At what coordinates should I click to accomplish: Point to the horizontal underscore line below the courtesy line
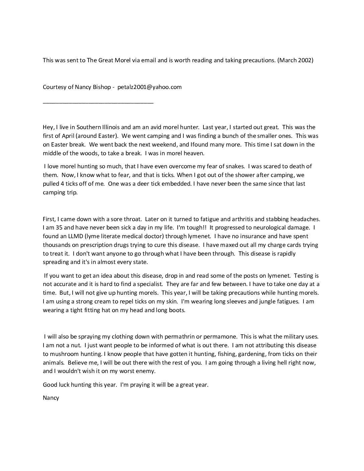98,102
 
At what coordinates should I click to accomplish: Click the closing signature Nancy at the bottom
51,398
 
